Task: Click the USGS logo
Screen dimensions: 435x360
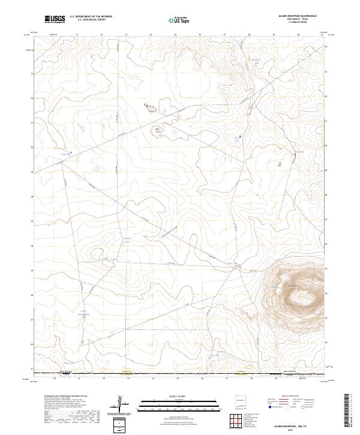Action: tap(56, 20)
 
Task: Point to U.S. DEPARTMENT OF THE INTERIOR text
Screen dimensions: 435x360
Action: tap(90, 17)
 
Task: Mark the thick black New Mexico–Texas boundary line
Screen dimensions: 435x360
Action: tap(180, 375)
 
